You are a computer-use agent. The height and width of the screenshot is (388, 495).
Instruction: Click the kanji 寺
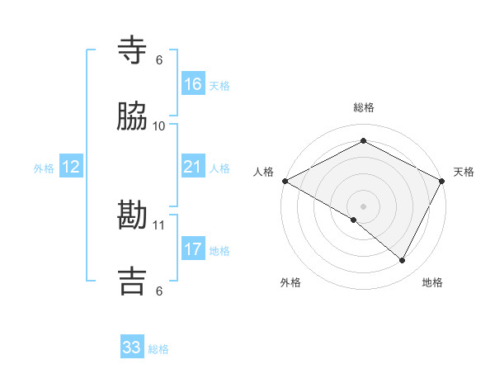click(x=132, y=50)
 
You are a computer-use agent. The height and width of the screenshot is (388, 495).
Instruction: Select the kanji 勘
click(x=132, y=215)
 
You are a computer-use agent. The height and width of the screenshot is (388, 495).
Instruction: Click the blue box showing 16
click(x=193, y=84)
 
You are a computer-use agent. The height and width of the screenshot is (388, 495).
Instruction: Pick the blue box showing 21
click(x=193, y=168)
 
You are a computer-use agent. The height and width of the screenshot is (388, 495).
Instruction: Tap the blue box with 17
click(x=193, y=249)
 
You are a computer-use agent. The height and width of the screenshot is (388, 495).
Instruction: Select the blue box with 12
click(x=71, y=168)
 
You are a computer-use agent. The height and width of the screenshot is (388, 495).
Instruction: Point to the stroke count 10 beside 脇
click(x=159, y=125)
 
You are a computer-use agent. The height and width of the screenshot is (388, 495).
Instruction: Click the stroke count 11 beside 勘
click(x=159, y=225)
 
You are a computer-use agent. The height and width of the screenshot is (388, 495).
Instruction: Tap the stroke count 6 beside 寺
click(x=159, y=59)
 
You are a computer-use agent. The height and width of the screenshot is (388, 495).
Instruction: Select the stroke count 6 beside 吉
click(x=159, y=291)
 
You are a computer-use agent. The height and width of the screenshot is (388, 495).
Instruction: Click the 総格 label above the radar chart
click(x=363, y=107)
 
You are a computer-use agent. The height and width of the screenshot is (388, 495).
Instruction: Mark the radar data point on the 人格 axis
click(x=284, y=180)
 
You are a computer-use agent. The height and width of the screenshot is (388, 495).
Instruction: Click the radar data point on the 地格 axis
click(x=403, y=260)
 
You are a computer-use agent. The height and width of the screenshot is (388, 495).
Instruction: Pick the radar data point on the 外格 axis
click(x=354, y=220)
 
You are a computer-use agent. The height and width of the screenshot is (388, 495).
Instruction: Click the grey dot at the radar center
click(x=363, y=206)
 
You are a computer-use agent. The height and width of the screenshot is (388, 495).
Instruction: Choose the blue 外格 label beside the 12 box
click(x=44, y=168)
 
